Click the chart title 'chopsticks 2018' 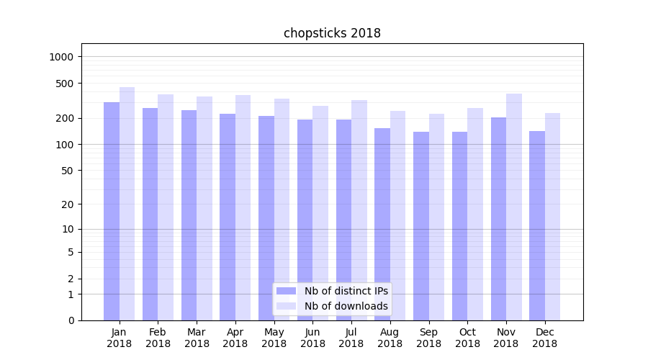tap(332, 33)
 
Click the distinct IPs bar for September tap(421, 226)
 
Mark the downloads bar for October tap(475, 214)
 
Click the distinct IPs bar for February tap(150, 214)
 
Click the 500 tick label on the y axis tap(66, 84)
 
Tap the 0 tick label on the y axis tap(71, 320)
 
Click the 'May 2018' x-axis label tap(274, 338)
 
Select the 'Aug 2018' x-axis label tap(390, 338)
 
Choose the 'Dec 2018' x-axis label tap(544, 338)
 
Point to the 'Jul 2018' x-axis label tap(351, 338)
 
